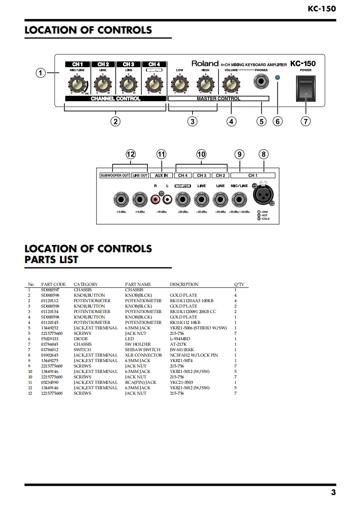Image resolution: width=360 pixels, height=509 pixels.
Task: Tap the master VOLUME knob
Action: coord(231,84)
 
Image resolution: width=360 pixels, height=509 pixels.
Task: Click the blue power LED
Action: coord(278,78)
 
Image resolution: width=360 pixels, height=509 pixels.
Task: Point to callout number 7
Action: coord(306,121)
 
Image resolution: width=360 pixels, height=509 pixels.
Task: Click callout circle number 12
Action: coord(131,154)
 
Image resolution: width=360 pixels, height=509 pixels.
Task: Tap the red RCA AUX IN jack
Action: coord(157,199)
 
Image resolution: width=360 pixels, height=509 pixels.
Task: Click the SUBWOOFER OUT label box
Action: coord(115,175)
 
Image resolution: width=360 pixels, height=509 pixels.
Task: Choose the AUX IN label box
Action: coord(161,175)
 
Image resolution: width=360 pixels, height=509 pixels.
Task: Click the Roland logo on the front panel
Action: coord(204,64)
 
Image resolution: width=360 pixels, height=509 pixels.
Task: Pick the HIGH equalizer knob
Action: coord(205,84)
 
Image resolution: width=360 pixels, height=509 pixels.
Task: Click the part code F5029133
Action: coord(50,339)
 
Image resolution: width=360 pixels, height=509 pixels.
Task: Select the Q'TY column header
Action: coord(238,284)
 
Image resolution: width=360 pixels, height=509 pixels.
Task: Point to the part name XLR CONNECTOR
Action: coord(143,355)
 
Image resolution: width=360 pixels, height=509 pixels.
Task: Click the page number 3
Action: coord(333,493)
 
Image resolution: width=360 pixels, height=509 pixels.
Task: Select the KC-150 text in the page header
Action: coord(321,8)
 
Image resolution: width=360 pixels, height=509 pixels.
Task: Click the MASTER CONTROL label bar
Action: coord(219,98)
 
